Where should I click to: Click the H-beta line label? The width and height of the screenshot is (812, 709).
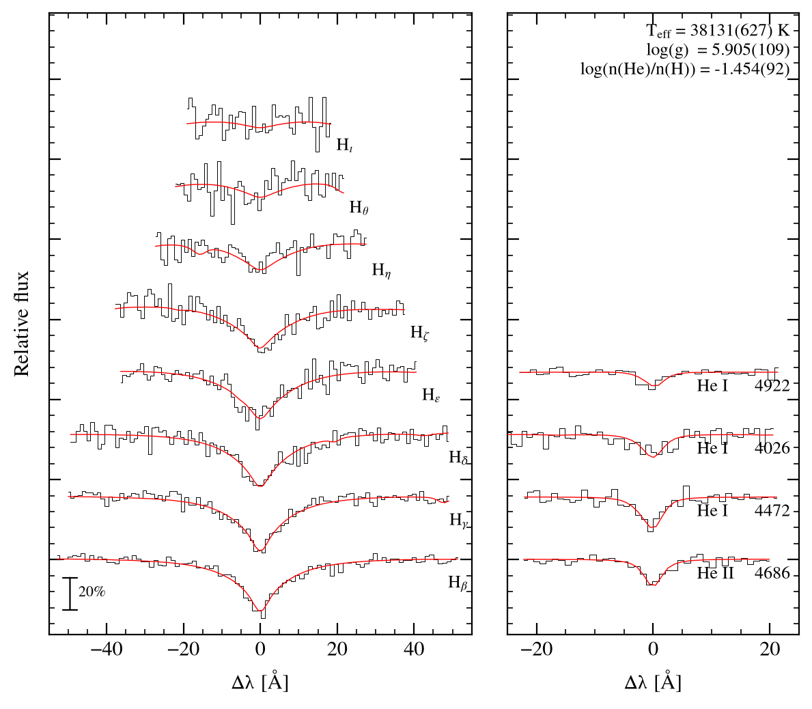pos(458,583)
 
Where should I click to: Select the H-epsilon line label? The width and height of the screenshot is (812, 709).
pos(432,395)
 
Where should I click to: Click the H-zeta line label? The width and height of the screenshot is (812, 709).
pos(420,333)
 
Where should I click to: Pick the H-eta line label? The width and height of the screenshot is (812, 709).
pos(382,270)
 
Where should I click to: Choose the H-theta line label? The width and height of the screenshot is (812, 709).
pos(359,208)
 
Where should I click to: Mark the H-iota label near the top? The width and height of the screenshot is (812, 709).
pos(345,145)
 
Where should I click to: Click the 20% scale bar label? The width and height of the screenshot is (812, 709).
pos(92,592)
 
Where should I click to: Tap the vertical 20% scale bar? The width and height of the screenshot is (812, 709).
pos(70,594)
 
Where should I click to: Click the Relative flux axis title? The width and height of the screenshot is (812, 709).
pos(21,324)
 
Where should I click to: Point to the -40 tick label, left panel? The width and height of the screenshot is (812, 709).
pos(106,650)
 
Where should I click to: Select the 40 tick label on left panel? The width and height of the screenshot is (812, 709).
pos(414,650)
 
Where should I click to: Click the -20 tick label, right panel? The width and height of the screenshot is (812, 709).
pos(537,650)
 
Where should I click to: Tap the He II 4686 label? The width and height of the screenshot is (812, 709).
pos(744,573)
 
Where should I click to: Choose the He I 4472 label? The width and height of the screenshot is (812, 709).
pos(744,511)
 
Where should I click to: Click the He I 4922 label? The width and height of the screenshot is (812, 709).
pos(744,386)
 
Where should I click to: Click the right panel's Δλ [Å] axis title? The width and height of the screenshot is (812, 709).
pos(653,682)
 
